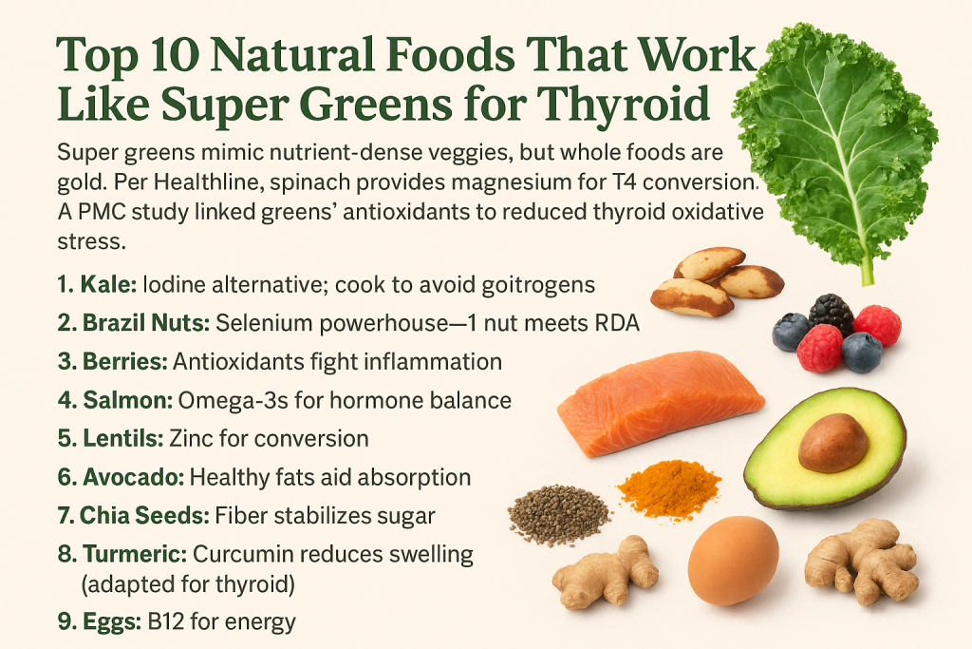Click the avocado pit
point(832,443)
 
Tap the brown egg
point(733,561)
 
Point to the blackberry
point(831,314)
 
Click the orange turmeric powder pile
point(669,488)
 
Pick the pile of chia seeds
point(558,514)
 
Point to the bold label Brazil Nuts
point(145,323)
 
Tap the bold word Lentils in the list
point(122,439)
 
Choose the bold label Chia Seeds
point(144,516)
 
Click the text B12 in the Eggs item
point(166,621)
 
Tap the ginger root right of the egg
point(862,562)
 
